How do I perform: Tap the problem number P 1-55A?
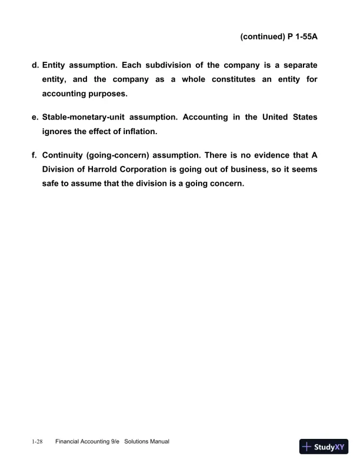pos(302,36)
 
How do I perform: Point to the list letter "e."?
pos(35,117)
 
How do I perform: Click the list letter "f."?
pos(35,155)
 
